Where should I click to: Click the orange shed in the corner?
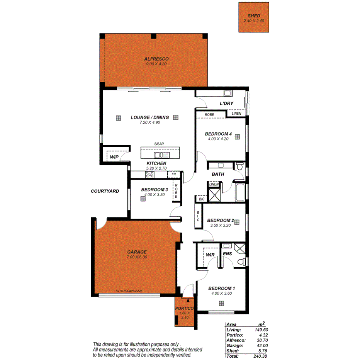click(253, 17)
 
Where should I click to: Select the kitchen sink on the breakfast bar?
click(161, 155)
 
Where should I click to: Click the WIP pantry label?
click(114, 157)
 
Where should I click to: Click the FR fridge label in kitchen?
click(174, 175)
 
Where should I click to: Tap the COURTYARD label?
click(105, 191)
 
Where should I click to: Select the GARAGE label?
click(137, 252)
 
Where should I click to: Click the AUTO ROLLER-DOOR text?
click(129, 290)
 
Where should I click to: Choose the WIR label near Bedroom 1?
click(210, 255)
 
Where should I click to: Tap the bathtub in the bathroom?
click(239, 192)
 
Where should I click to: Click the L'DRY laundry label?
click(227, 103)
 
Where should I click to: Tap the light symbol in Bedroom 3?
click(143, 198)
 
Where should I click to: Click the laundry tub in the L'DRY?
click(228, 93)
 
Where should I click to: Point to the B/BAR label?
click(159, 144)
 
